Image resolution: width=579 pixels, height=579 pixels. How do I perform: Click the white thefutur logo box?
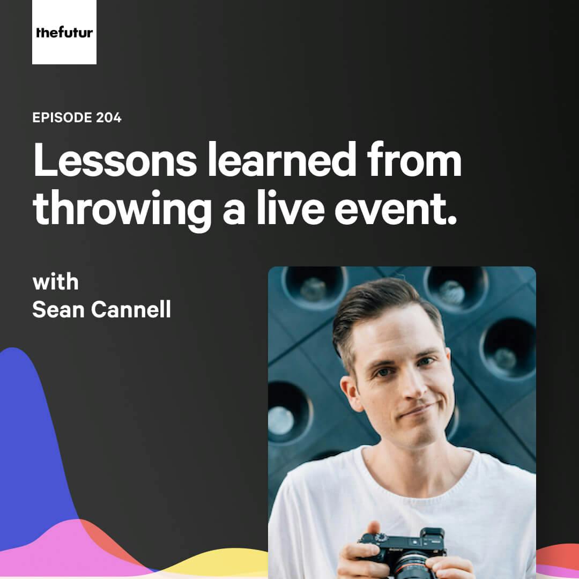point(64,32)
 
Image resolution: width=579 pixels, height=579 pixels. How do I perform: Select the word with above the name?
point(55,283)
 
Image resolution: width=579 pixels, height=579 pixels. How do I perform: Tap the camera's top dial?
point(381,538)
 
